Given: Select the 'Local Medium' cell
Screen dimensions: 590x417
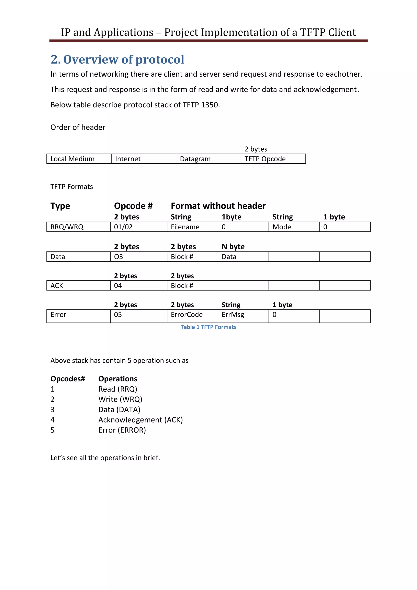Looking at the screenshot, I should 79,159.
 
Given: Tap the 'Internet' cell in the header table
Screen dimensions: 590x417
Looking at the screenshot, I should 144,159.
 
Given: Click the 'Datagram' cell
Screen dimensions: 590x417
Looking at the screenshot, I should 208,159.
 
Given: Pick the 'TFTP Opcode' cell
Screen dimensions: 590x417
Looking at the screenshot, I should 273,159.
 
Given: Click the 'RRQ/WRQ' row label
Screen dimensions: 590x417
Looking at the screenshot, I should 78,227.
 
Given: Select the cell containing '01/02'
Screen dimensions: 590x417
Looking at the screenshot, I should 139,227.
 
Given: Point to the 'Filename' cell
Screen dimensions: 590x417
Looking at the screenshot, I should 192,227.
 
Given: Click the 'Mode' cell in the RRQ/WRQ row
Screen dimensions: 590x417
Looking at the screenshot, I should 294,227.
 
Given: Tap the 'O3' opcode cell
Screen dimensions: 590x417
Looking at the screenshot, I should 139,257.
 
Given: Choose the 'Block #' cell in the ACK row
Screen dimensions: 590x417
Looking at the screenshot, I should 192,286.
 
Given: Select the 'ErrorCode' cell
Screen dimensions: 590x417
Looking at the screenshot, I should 192,315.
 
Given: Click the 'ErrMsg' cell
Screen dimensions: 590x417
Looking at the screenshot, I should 243,315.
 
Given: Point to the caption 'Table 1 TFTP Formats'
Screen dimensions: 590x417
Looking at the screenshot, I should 208,327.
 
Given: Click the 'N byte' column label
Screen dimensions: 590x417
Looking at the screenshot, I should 233,247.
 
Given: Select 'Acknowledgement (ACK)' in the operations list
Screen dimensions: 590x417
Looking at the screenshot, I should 140,420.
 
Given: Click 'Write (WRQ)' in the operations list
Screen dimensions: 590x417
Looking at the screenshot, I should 120,399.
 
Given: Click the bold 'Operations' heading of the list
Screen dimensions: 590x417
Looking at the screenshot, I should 118,379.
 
